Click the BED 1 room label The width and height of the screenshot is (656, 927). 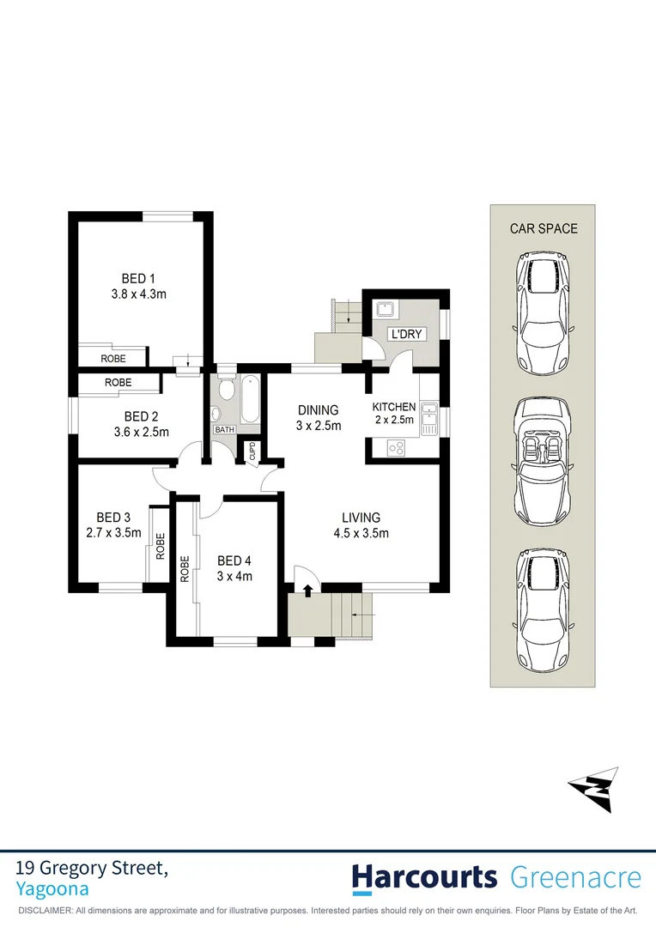[138, 278]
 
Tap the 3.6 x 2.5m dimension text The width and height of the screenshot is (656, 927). [141, 432]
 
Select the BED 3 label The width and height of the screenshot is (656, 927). [113, 517]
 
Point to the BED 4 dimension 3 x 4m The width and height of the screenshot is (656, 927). [234, 576]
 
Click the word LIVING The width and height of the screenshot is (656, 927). [361, 517]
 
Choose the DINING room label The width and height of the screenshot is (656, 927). [319, 409]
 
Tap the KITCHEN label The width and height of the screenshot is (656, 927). [394, 407]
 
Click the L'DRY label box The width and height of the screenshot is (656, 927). [406, 334]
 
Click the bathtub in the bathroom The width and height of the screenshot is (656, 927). [249, 399]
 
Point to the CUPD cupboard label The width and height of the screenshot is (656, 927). [252, 451]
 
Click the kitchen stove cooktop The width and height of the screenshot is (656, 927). [397, 447]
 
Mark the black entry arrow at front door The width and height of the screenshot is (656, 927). [307, 589]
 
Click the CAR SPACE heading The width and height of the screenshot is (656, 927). [544, 228]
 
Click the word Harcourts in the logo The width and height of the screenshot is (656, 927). [424, 877]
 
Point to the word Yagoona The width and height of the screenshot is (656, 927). [52, 889]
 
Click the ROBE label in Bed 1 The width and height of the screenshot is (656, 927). [112, 358]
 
